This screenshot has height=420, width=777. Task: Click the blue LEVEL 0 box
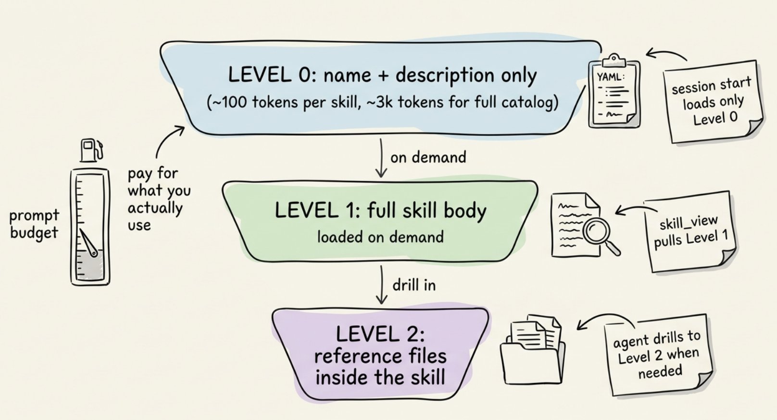[380, 88]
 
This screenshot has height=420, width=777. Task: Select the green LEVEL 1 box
[380, 221]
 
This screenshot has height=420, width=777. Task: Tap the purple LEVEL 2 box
[380, 354]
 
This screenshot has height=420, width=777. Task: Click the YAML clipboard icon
[614, 91]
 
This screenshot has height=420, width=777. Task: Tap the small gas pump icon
[91, 150]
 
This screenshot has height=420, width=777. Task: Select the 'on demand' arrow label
[428, 158]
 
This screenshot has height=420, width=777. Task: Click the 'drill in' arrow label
[414, 285]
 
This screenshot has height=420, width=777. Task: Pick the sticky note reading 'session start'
[713, 101]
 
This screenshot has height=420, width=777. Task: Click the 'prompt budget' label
[34, 224]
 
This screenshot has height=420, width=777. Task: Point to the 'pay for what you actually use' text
[159, 199]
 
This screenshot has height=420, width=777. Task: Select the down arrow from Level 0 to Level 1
[381, 158]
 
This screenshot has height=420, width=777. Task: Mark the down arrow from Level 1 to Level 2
[382, 285]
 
